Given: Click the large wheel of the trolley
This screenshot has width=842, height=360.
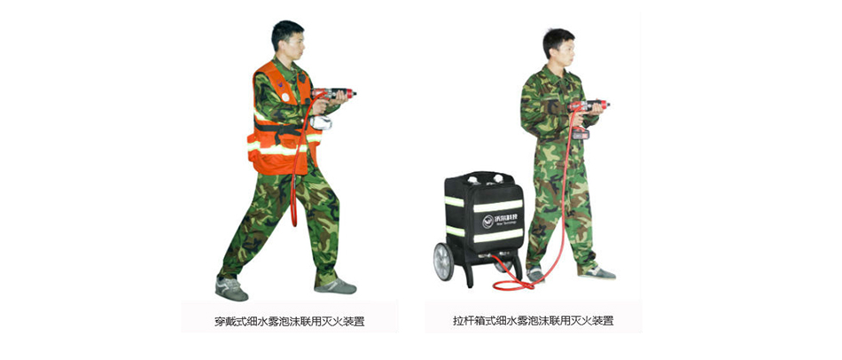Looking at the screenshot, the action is click(443, 262).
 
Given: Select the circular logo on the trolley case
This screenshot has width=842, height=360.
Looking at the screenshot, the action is click(487, 221).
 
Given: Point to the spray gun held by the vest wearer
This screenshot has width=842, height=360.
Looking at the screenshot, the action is click(334, 93).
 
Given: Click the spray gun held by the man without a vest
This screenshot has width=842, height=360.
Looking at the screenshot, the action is click(589, 106).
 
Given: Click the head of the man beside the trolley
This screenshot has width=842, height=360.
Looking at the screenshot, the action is click(558, 47).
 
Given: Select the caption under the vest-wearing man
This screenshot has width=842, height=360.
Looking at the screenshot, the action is click(290, 322).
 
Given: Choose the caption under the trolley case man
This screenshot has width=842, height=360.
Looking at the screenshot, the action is click(533, 321).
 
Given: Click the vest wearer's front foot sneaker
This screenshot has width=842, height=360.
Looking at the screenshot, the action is click(336, 286).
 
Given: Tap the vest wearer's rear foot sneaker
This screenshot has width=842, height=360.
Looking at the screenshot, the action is click(231, 289).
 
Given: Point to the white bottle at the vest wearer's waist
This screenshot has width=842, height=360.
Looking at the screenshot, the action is click(321, 122).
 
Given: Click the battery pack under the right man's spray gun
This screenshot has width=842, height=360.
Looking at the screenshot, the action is click(580, 133).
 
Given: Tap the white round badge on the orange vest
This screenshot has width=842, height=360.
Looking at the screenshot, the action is click(285, 98).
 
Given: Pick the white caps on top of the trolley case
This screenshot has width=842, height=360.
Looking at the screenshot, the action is click(485, 178).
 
